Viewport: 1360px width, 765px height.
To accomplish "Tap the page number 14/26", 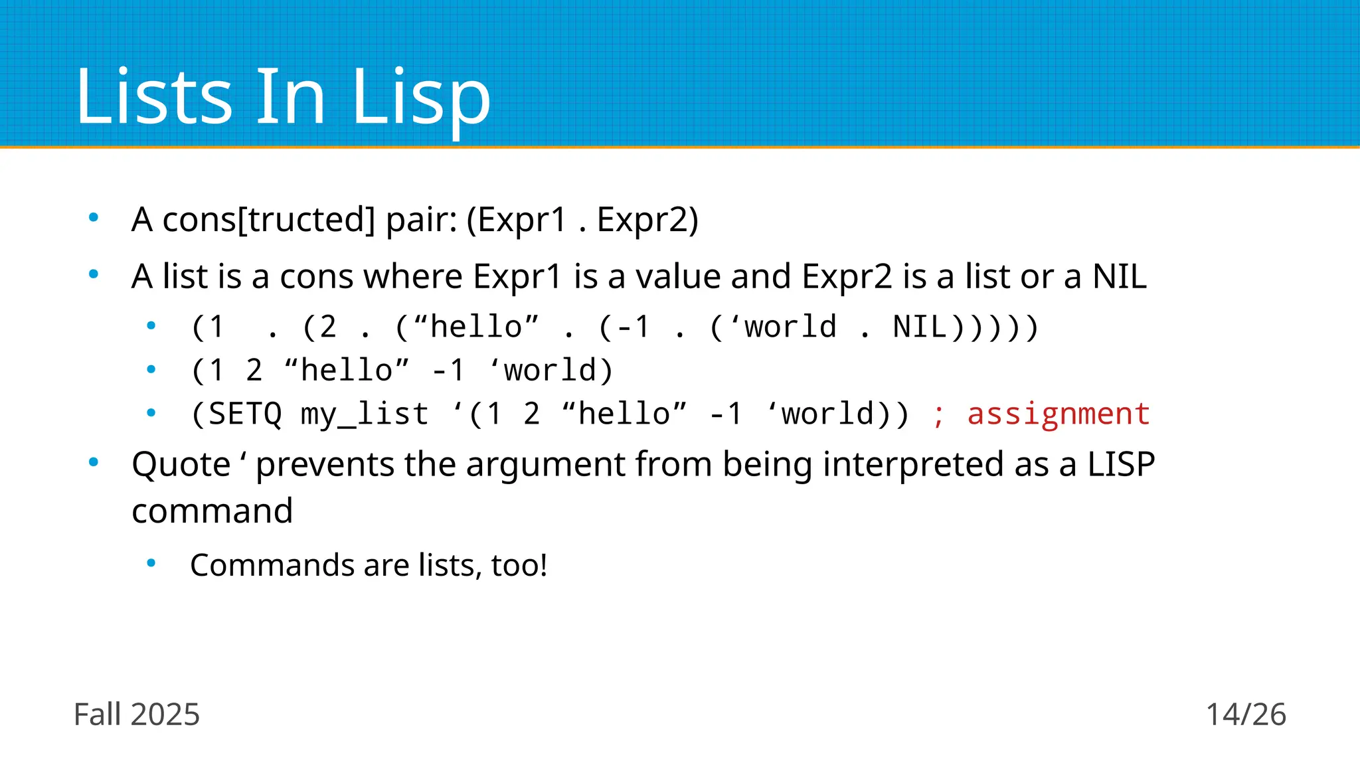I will pyautogui.click(x=1246, y=715).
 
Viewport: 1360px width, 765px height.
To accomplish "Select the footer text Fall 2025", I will pyautogui.click(x=137, y=715).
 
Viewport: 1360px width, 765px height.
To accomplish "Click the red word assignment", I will pyautogui.click(x=1059, y=414).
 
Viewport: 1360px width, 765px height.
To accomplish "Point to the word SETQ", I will pyautogui.click(x=245, y=414).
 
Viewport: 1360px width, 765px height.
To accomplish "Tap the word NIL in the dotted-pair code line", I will pyautogui.click(x=920, y=327).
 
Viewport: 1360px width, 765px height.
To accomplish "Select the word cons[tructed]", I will pyautogui.click(x=269, y=220).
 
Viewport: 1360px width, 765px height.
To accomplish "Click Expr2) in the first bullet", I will pyautogui.click(x=647, y=220).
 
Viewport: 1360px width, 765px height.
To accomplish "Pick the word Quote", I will pyautogui.click(x=181, y=464).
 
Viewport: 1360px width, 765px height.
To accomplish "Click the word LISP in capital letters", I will pyautogui.click(x=1121, y=464).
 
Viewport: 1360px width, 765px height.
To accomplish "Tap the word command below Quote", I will pyautogui.click(x=212, y=511).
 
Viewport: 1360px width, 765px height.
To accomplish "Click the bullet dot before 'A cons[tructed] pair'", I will pyautogui.click(x=94, y=217).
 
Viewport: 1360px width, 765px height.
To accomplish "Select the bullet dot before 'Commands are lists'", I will pyautogui.click(x=151, y=563).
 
